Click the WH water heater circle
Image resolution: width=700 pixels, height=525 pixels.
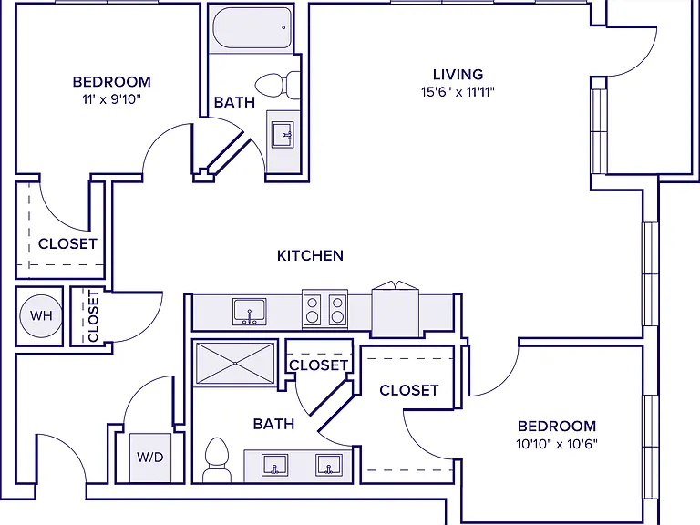[42, 315]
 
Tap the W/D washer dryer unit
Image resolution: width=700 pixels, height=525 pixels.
[150, 458]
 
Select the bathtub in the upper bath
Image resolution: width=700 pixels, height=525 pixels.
[252, 28]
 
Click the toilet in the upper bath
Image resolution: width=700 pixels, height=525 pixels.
[278, 85]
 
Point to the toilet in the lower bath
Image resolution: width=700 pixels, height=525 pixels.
[217, 459]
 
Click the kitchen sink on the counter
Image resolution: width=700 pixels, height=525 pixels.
[249, 312]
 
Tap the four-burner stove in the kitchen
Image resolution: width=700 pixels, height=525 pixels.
[325, 309]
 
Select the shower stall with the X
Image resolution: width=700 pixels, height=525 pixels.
[235, 364]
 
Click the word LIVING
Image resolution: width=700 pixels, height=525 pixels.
[458, 74]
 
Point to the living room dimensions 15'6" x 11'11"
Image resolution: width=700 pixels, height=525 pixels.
[458, 92]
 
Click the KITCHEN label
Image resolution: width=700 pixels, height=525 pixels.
[310, 256]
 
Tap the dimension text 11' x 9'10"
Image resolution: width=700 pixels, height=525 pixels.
[111, 99]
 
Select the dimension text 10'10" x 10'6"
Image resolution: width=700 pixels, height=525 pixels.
[557, 444]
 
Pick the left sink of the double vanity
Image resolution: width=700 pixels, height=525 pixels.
[274, 465]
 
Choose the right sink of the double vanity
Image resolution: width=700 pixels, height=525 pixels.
[329, 465]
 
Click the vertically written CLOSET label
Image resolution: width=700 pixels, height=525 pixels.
[93, 315]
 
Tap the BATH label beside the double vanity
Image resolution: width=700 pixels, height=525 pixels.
[273, 424]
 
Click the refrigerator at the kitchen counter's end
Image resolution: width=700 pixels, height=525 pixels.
[395, 309]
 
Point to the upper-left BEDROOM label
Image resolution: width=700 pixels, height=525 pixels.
[111, 82]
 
